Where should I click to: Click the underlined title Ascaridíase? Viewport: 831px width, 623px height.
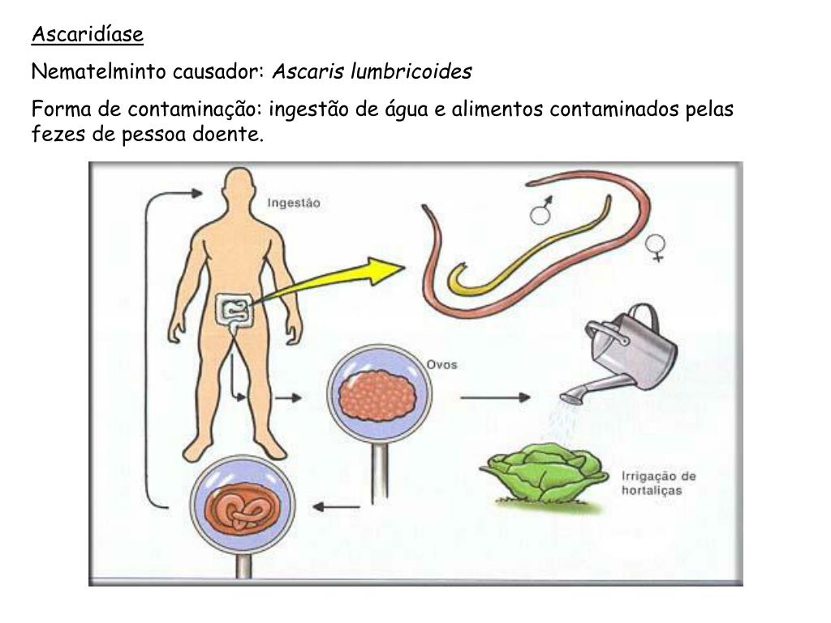pos(87,35)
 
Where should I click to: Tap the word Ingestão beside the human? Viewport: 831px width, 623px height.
pos(294,204)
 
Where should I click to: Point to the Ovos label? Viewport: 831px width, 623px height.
pos(441,364)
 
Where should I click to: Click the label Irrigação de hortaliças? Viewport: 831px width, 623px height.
pos(658,483)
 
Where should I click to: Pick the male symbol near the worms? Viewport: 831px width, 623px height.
pos(541,210)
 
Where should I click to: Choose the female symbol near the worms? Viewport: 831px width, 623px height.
pos(655,247)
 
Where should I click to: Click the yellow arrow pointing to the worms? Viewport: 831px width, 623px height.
pos(333,281)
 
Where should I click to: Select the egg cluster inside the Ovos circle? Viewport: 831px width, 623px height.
pos(379,396)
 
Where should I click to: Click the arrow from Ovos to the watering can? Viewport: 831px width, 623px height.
pos(495,397)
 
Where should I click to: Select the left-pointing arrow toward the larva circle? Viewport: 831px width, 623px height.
pos(336,508)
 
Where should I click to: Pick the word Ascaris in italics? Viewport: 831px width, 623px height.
pos(308,72)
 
